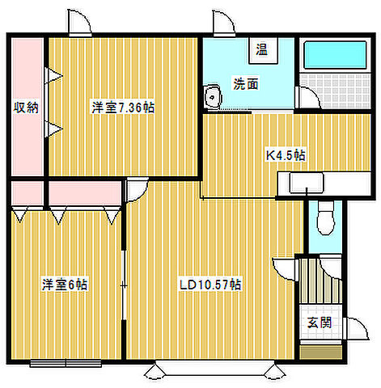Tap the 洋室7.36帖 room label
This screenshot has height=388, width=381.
point(122,107)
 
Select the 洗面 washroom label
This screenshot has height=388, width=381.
point(246,83)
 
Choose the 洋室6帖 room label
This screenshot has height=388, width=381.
point(65,284)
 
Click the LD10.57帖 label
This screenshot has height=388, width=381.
point(210,284)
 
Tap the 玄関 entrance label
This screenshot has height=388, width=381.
point(317,323)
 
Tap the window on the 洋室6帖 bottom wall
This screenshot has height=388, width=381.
point(65,362)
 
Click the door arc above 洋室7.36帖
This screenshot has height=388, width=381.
point(79,24)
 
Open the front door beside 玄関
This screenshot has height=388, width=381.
point(354,331)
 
